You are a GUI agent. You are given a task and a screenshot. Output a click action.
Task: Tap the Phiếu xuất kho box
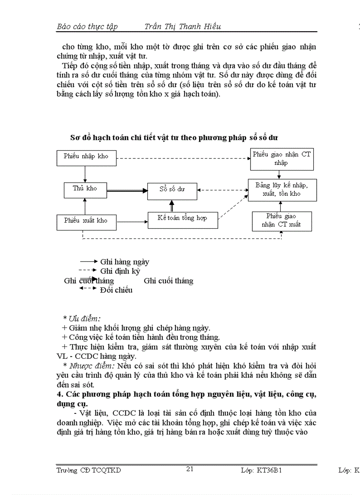86,221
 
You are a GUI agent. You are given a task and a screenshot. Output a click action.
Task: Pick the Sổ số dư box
172,190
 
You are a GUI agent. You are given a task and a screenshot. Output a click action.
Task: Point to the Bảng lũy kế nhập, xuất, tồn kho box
282,190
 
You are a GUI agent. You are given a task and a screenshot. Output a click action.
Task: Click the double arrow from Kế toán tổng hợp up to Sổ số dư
172,205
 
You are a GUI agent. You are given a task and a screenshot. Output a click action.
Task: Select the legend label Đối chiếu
116,290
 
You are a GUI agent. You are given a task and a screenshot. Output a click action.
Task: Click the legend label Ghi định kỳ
120,272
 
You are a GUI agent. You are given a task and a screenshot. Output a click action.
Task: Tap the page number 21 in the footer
190,469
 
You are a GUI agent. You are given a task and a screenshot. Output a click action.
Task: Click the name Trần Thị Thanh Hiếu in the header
183,26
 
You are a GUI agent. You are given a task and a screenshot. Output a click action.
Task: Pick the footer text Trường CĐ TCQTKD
89,470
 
